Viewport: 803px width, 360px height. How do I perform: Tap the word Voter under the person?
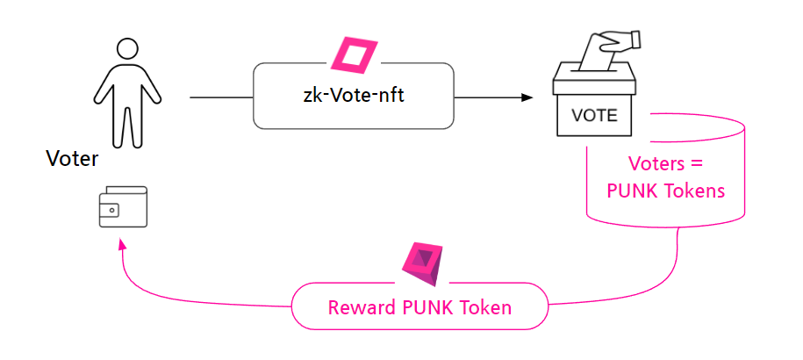[x=72, y=159]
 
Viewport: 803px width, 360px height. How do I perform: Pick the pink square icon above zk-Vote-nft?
[x=355, y=56]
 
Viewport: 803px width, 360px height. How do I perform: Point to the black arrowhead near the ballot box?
[x=528, y=97]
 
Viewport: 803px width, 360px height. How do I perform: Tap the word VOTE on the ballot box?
[x=595, y=115]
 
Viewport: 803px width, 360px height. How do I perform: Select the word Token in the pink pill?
[x=486, y=308]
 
